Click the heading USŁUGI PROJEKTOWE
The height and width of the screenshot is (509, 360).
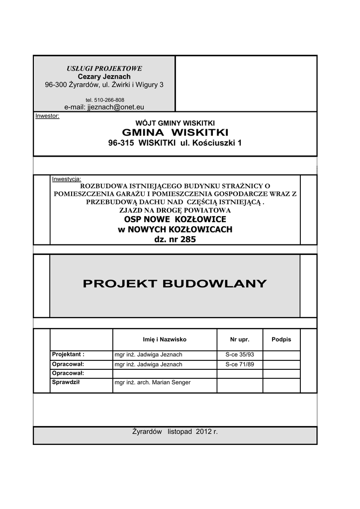pos(104,68)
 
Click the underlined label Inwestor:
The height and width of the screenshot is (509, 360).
pos(47,116)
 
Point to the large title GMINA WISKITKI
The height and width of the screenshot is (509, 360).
pos(175,132)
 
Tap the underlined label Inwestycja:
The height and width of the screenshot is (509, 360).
pos(67,178)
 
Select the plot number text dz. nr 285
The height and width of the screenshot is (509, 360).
pos(175,239)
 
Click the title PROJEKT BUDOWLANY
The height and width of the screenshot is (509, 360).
pos(175,284)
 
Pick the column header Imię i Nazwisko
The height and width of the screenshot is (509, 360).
pos(165,339)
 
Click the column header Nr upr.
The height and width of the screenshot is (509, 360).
pos(239,339)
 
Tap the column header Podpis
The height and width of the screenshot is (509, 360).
pos(281,339)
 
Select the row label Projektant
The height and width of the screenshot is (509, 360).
pos(68,354)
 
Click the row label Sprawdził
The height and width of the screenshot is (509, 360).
pos(66,382)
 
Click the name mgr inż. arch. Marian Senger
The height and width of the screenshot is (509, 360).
pos(153,383)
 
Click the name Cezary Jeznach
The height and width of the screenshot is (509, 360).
pos(104,77)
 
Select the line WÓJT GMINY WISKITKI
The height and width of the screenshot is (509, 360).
pos(175,122)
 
